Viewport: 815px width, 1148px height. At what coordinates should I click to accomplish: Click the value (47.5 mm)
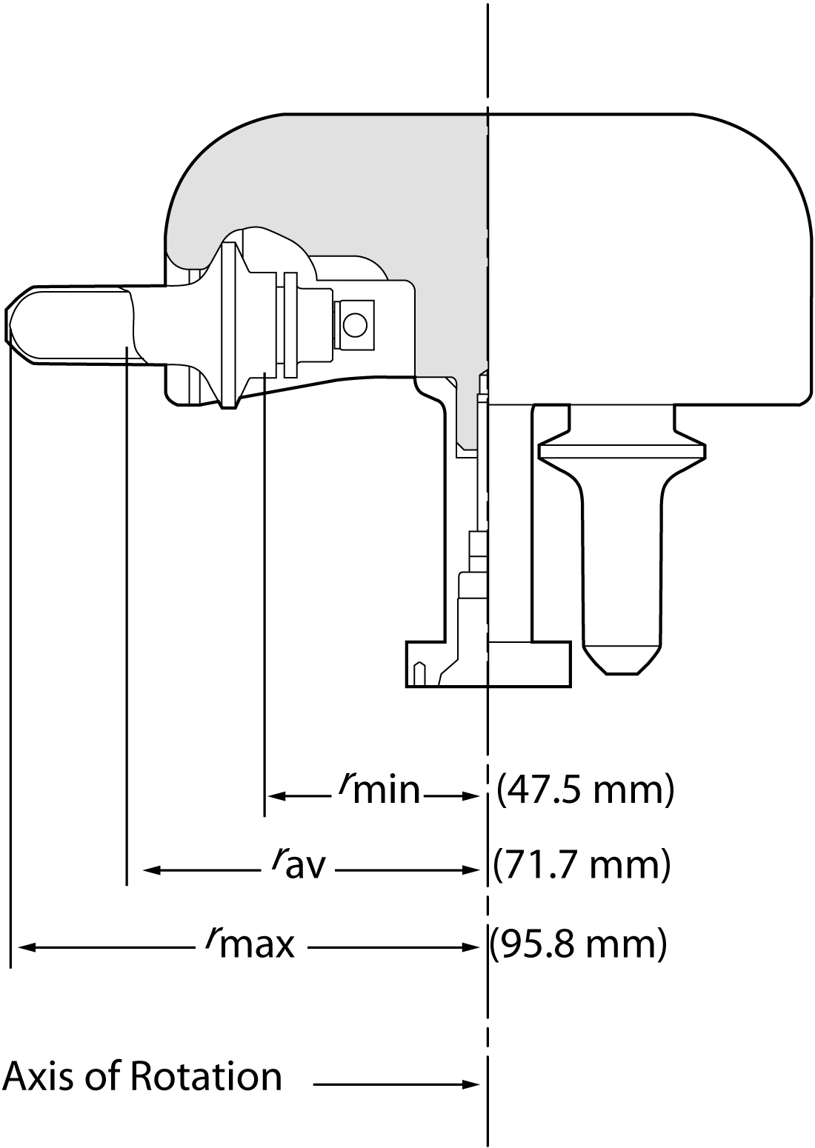[x=585, y=790]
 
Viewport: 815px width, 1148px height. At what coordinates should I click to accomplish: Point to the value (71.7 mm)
[x=582, y=864]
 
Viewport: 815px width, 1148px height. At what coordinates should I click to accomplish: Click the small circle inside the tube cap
[x=355, y=324]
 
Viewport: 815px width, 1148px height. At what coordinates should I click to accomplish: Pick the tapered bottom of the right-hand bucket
[x=622, y=659]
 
